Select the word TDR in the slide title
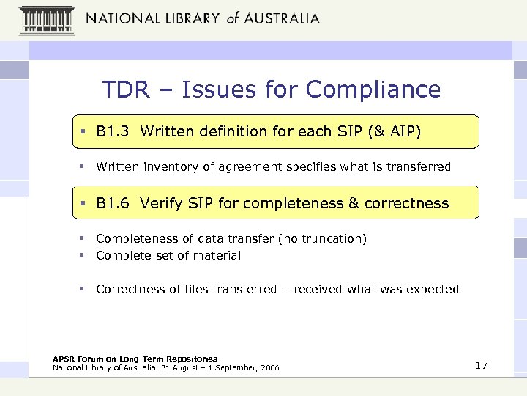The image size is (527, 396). point(126,89)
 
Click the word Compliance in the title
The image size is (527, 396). point(373,89)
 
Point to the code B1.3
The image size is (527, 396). point(113,132)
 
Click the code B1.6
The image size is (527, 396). point(113,203)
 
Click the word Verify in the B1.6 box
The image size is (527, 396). point(160,203)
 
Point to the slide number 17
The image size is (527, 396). point(481,365)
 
